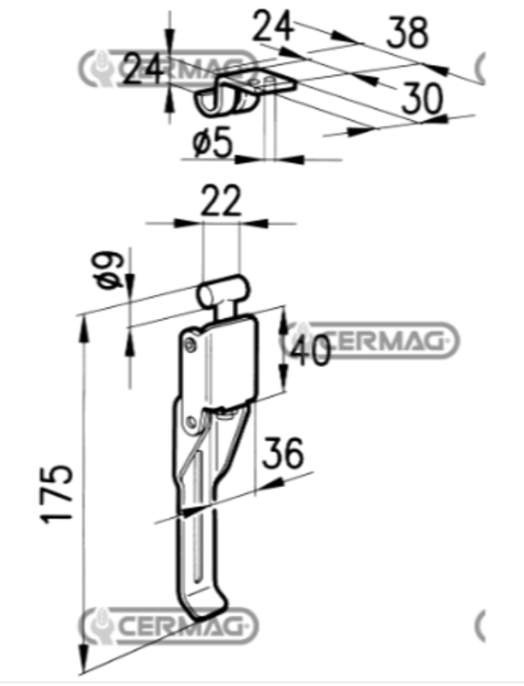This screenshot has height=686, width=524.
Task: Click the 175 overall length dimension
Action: tap(57, 494)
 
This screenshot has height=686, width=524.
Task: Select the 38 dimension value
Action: tap(408, 33)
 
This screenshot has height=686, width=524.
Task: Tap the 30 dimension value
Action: tap(422, 99)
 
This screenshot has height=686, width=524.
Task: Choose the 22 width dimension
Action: tap(221, 201)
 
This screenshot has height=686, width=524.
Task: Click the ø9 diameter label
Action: tap(110, 270)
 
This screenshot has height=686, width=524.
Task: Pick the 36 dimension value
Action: tap(283, 453)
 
